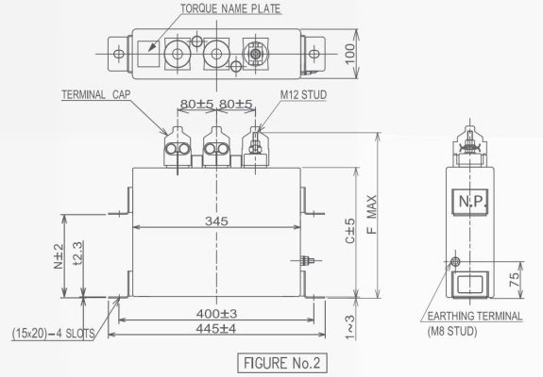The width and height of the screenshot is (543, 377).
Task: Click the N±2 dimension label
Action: [58, 254]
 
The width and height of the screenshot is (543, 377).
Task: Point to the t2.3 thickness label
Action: [77, 254]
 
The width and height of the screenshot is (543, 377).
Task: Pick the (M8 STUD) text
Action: [451, 333]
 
